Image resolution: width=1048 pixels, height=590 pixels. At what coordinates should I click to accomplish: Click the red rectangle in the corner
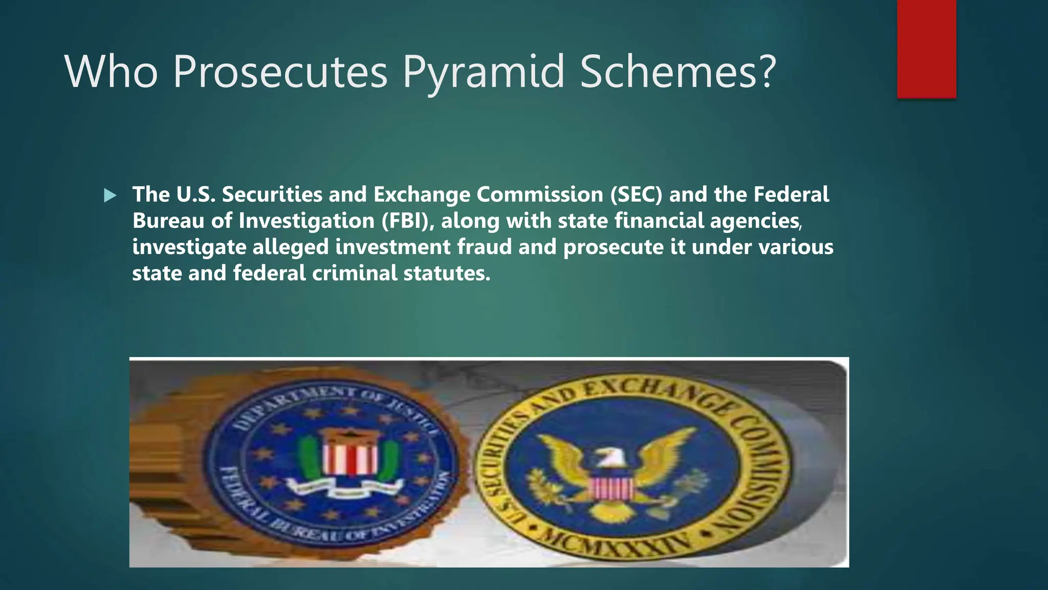(926, 49)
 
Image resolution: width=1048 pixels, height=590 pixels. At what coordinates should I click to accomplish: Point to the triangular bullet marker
(110, 195)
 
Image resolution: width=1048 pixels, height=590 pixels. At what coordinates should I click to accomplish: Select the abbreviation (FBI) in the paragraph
(407, 221)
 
